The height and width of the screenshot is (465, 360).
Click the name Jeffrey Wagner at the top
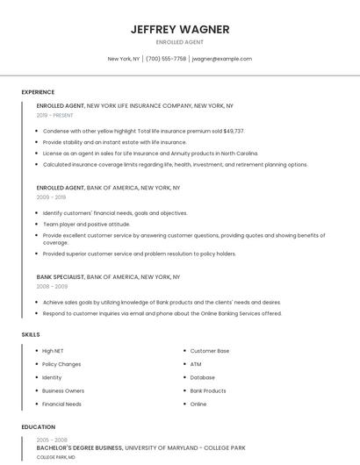[x=180, y=30]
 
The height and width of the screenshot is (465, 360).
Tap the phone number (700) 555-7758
[x=166, y=59]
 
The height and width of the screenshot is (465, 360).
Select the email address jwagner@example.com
[x=221, y=59]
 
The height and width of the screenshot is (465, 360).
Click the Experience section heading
[x=38, y=92]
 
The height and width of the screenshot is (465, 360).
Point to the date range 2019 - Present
[x=55, y=115]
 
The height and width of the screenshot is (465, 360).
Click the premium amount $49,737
[x=234, y=131]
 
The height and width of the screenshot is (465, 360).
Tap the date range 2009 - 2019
[x=51, y=197]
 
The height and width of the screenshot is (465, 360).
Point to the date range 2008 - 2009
[x=52, y=286]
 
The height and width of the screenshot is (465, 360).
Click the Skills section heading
[x=31, y=334]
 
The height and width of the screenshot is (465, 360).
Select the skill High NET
[x=53, y=351]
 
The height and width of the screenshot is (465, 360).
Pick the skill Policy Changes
[x=61, y=364]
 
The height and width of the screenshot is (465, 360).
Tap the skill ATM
[x=196, y=364]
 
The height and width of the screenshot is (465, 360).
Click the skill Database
[x=202, y=377]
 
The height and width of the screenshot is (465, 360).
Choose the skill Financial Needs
[x=61, y=404]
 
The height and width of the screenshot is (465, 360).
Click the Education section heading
[x=38, y=427]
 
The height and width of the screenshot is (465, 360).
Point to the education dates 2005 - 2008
[x=52, y=440]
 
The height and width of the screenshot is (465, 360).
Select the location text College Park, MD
[x=56, y=457]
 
